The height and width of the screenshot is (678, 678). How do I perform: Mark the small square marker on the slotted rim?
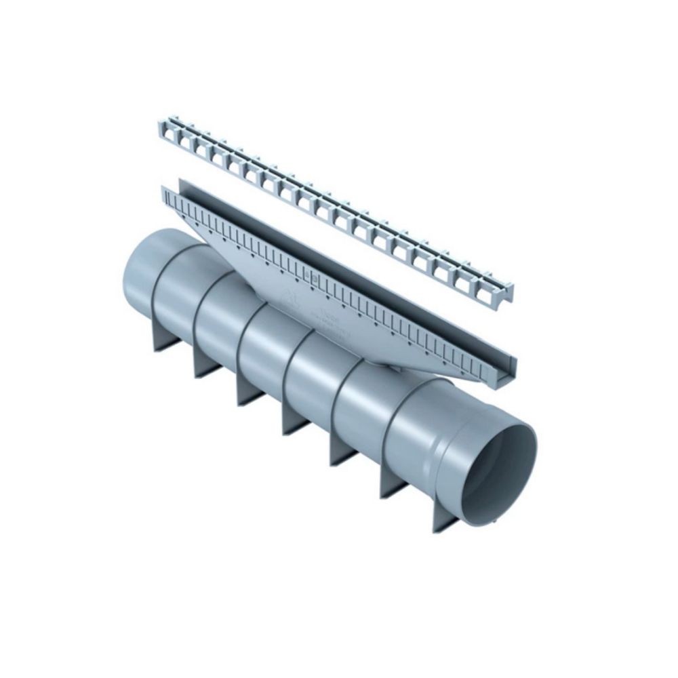(313, 276)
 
